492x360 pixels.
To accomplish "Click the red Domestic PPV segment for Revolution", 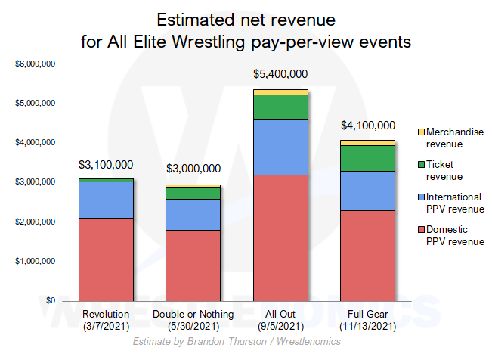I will [x=106, y=259].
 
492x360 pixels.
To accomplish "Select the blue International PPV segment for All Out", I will [x=280, y=147].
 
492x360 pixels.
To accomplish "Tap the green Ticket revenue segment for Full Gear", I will [x=367, y=158].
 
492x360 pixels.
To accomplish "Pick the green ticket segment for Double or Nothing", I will [x=193, y=193].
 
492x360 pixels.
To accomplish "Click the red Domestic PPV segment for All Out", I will [x=280, y=237].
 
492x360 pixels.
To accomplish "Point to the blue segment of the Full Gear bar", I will [x=367, y=191].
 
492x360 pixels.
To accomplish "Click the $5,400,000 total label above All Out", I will [x=280, y=74].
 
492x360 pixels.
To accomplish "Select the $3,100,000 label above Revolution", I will [x=106, y=164].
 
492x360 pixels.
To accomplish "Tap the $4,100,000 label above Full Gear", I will [x=367, y=126].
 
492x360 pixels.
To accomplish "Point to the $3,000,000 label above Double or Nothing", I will [x=193, y=169].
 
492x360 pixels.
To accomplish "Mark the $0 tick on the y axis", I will [x=48, y=300].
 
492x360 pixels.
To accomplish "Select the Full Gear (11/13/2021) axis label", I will [x=367, y=319].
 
